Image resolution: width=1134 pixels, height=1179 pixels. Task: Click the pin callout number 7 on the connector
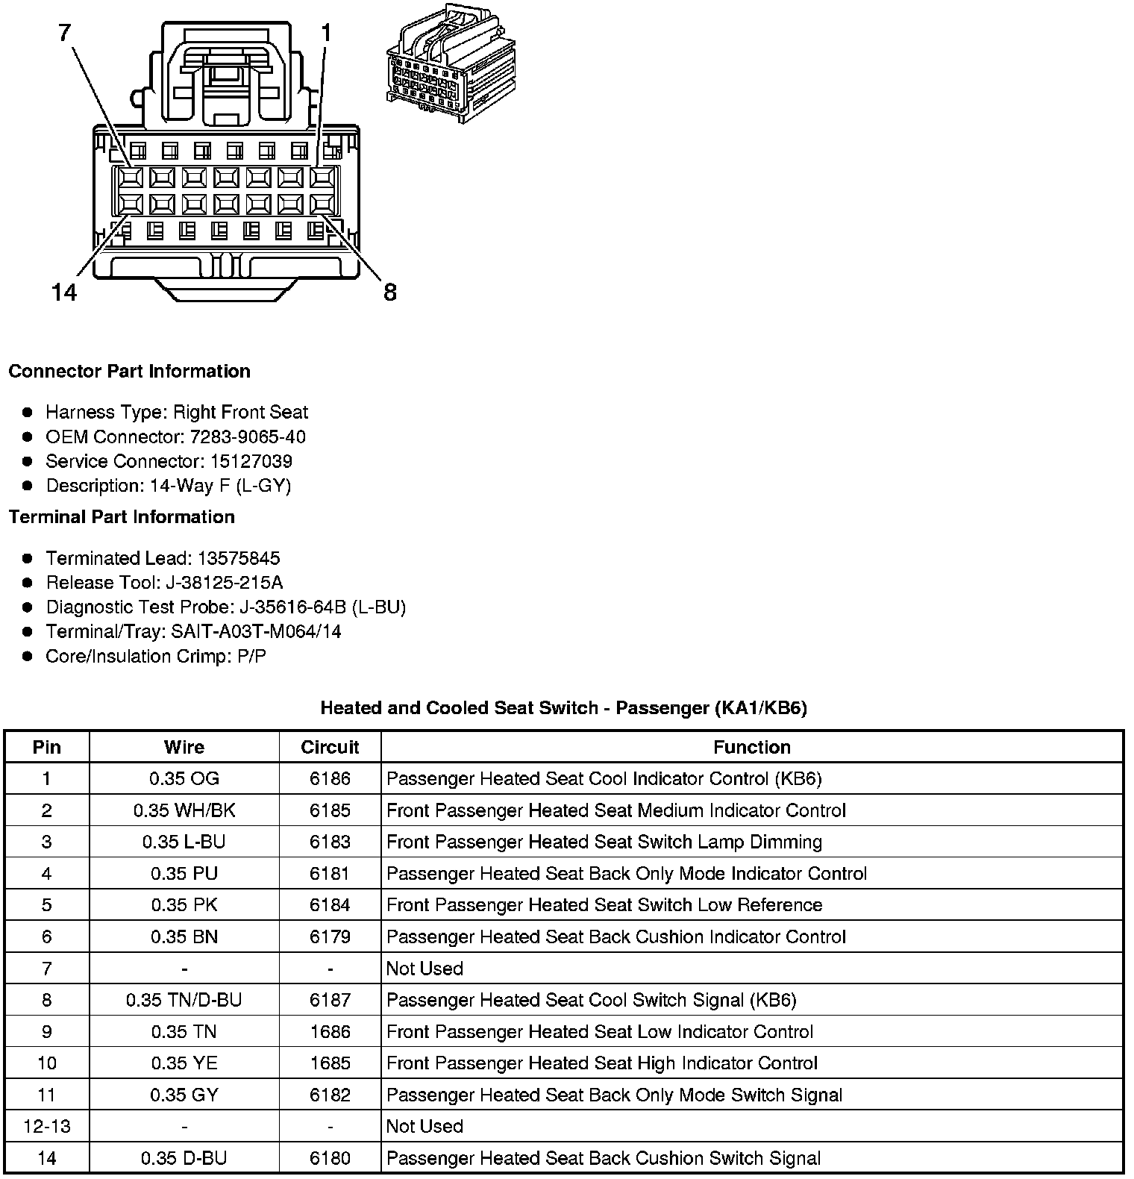pyautogui.click(x=66, y=32)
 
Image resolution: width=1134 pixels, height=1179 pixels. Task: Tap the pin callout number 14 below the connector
pyautogui.click(x=65, y=292)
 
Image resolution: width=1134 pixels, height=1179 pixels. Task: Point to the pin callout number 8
pyautogui.click(x=389, y=292)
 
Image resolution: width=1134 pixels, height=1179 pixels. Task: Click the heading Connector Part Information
pyautogui.click(x=129, y=372)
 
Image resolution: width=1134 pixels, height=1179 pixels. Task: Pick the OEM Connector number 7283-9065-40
pyautogui.click(x=253, y=437)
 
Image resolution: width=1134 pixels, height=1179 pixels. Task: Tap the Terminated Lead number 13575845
pyautogui.click(x=238, y=558)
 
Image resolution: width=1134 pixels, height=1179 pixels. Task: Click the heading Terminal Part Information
pyautogui.click(x=122, y=517)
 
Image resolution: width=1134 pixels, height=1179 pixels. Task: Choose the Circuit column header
pyautogui.click(x=330, y=747)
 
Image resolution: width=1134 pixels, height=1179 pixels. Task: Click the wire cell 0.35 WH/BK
pyautogui.click(x=184, y=810)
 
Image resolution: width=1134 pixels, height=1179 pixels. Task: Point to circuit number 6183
pyautogui.click(x=330, y=842)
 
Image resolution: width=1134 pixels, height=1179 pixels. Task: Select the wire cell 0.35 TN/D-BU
pyautogui.click(x=184, y=1000)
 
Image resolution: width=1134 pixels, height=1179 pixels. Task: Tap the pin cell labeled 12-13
pyautogui.click(x=47, y=1126)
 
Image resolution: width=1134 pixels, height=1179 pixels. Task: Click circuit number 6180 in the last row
pyautogui.click(x=330, y=1158)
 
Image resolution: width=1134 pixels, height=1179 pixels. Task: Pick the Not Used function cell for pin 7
pyautogui.click(x=425, y=969)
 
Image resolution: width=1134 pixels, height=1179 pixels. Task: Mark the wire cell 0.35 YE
pyautogui.click(x=184, y=1063)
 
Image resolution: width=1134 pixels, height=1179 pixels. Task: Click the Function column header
pyautogui.click(x=751, y=747)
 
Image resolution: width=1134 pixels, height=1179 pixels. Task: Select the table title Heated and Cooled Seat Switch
pyautogui.click(x=563, y=707)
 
